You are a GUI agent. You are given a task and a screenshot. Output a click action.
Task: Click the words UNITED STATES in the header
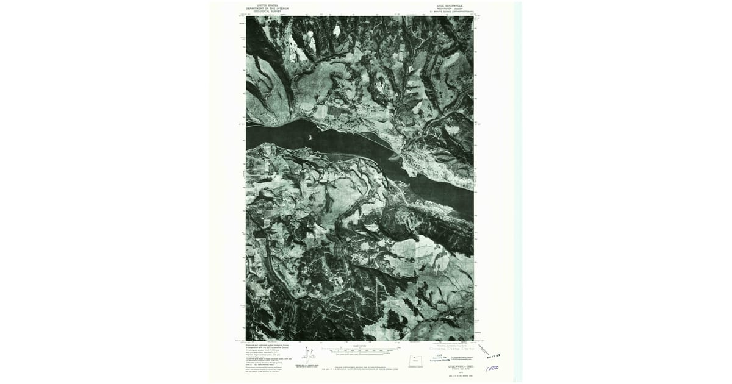tap(268, 5)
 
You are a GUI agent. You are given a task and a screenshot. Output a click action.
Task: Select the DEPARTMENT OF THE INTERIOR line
tap(268, 9)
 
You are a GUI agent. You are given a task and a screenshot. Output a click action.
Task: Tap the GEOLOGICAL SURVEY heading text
tap(268, 12)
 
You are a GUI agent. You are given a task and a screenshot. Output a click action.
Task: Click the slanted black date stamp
tap(489, 351)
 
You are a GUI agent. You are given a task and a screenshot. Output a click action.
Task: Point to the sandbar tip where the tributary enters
tap(396, 154)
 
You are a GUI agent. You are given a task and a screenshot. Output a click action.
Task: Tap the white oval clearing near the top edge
tap(336, 29)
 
